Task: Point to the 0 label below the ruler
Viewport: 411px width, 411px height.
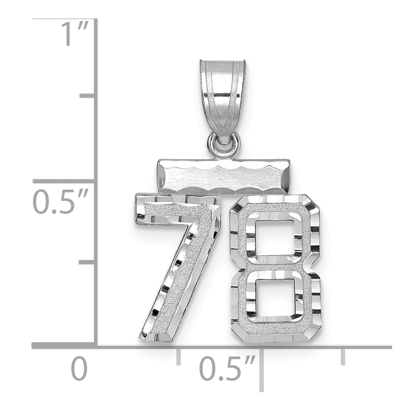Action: click(79, 368)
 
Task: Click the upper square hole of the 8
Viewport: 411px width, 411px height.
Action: click(275, 238)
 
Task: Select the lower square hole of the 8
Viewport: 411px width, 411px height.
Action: click(275, 298)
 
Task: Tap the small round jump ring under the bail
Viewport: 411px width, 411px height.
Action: click(223, 144)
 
